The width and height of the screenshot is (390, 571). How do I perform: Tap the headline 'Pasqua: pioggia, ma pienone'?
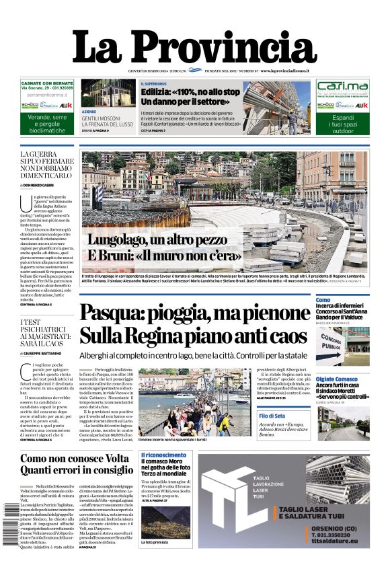tap(195, 314)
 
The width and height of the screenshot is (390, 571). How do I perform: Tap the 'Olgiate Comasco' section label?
tap(339, 379)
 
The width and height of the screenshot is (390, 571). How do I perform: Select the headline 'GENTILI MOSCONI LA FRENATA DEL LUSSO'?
tap(108, 122)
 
